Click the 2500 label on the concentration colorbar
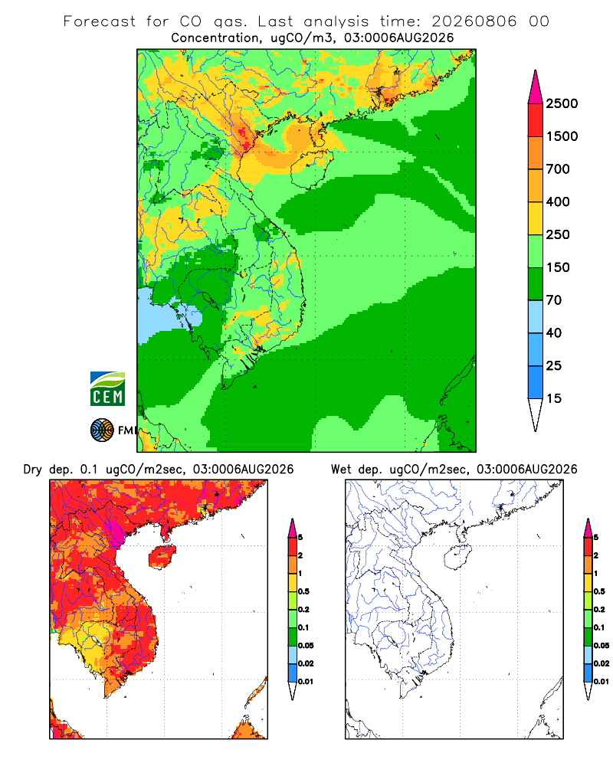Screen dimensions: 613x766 point(562,103)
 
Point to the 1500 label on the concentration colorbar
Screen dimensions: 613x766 point(562,136)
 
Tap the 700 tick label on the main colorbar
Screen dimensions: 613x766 point(558,169)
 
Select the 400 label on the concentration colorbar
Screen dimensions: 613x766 point(558,201)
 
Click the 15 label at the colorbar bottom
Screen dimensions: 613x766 point(554,398)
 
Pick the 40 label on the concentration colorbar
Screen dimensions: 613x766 point(554,333)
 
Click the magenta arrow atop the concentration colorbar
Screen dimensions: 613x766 point(536,87)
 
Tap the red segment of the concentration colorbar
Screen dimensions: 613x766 point(536,120)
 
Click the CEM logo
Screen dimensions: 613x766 point(107,389)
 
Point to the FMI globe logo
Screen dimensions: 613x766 point(102,430)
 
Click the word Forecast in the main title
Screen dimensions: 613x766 point(100,21)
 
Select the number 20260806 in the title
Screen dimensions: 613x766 point(474,21)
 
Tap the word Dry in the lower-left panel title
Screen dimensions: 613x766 point(33,470)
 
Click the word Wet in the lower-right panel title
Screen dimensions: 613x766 point(341,470)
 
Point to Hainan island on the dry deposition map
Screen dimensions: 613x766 point(162,556)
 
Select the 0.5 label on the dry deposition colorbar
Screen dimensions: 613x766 point(303,591)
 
